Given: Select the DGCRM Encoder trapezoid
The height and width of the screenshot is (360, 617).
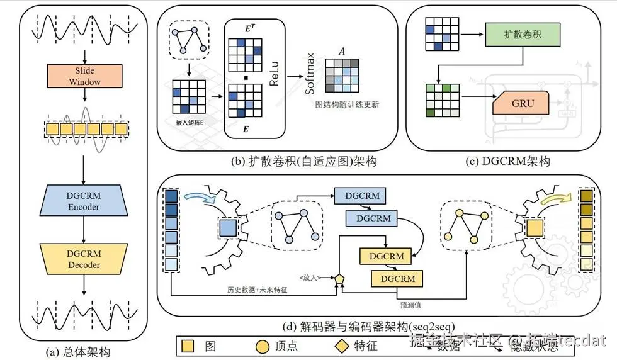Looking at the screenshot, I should (84, 201).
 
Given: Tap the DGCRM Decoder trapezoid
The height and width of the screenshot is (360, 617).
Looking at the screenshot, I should (84, 259).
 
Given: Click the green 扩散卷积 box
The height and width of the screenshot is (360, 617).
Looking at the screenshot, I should (515, 33).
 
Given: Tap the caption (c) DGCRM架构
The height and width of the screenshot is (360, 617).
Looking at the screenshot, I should (508, 162).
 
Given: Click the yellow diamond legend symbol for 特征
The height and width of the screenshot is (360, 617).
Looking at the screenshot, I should (341, 346).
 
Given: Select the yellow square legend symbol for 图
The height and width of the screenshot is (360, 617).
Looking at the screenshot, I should (188, 346).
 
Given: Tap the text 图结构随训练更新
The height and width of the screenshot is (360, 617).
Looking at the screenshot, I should (347, 104).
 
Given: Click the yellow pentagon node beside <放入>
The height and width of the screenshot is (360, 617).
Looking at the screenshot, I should (340, 278).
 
